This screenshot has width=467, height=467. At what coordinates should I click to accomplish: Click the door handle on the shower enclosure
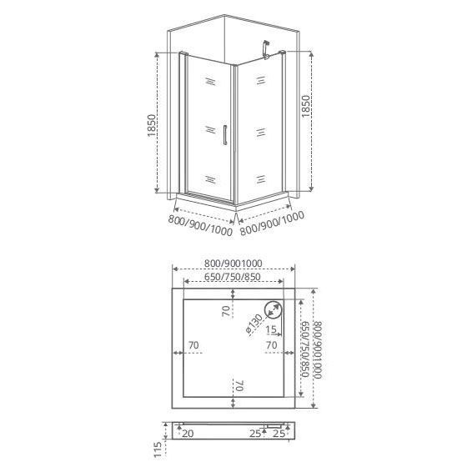(x=225, y=135)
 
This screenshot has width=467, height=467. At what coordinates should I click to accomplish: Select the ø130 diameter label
(x=254, y=325)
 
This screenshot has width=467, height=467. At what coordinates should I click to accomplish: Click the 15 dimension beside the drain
(x=271, y=329)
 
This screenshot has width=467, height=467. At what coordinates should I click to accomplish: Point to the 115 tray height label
(x=158, y=449)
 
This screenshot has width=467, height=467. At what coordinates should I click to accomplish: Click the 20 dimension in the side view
(x=188, y=434)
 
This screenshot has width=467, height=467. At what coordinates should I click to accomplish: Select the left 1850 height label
(x=151, y=125)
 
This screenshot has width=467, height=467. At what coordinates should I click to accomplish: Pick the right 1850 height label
(x=305, y=107)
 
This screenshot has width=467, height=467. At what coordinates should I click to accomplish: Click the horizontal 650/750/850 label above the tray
(x=233, y=277)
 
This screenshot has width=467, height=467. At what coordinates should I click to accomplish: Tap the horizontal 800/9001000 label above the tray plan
(x=233, y=264)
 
